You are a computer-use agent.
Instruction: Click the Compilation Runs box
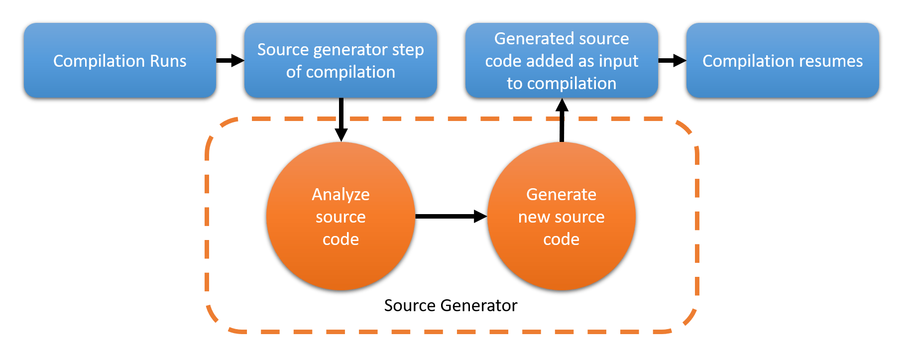click(119, 60)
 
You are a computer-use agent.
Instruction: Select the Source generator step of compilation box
click(340, 60)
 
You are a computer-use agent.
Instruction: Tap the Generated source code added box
click(562, 60)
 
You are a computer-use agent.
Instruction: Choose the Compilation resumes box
click(783, 60)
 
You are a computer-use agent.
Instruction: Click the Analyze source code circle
click(340, 216)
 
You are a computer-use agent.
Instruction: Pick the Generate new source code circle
click(562, 216)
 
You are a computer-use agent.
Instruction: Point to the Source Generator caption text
click(451, 305)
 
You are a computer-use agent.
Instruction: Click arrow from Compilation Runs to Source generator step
click(230, 61)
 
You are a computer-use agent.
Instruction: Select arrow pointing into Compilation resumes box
click(672, 61)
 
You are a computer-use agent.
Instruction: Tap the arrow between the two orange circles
click(451, 216)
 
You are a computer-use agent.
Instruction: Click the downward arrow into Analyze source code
click(341, 120)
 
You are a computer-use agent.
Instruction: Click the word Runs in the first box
click(167, 61)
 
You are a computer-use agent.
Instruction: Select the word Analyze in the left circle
click(340, 194)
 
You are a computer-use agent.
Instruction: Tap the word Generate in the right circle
click(562, 194)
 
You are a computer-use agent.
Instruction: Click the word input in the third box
click(618, 61)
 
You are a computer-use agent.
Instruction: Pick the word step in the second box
click(408, 50)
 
